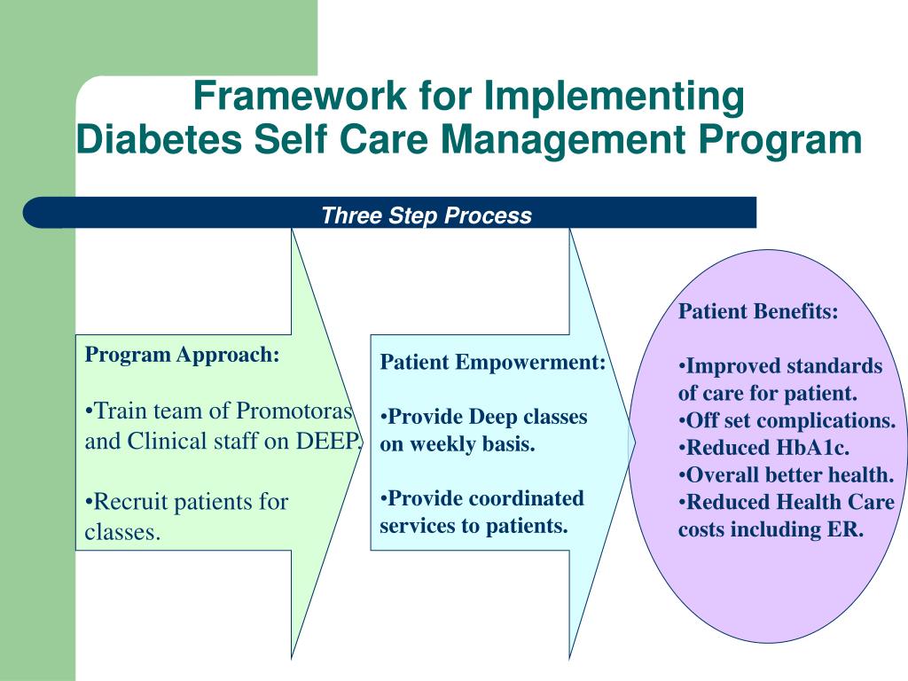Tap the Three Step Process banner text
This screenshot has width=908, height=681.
(426, 215)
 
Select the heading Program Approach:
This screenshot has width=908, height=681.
(182, 356)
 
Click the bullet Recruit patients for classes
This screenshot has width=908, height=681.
(186, 516)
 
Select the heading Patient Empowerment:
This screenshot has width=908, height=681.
(493, 363)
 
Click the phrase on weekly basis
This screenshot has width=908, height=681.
(458, 444)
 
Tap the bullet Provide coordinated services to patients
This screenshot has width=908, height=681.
(481, 512)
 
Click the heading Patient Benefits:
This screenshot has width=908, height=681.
(758, 312)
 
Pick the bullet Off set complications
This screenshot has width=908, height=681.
(787, 420)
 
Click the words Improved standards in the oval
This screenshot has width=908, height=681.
(786, 366)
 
